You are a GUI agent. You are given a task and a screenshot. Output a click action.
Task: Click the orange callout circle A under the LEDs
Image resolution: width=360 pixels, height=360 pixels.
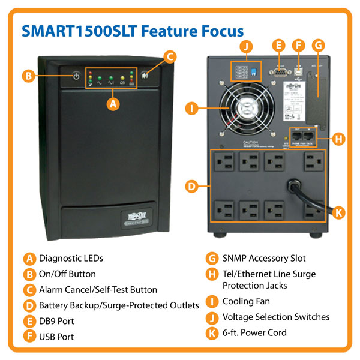click(111, 103)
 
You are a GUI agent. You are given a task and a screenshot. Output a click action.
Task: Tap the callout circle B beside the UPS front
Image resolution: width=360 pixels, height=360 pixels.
click(28, 76)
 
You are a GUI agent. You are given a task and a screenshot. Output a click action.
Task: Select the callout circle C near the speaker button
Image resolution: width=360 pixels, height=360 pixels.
click(170, 58)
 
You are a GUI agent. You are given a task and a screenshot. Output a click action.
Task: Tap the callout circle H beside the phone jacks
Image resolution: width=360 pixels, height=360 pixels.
click(339, 139)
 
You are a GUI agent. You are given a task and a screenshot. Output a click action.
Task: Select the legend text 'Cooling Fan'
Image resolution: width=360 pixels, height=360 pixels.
click(246, 301)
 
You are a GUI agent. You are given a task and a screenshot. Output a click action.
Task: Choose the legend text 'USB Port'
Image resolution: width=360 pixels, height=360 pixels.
click(56, 337)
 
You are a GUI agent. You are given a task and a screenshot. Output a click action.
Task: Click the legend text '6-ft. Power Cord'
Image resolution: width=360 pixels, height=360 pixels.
click(254, 332)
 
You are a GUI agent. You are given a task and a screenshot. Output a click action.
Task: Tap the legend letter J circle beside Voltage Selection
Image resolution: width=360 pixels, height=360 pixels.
click(211, 317)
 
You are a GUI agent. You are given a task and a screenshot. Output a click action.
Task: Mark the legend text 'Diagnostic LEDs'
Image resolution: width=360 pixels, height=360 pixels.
click(71, 259)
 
